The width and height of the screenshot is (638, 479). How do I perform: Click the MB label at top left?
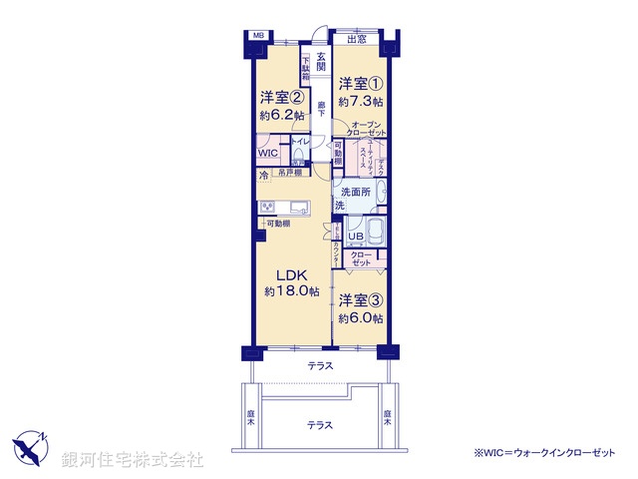tap(258, 38)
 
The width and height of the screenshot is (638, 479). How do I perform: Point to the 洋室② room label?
tap(282, 98)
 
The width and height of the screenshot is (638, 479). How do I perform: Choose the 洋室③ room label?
tap(360, 299)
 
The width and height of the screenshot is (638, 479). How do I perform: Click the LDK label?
tap(289, 274)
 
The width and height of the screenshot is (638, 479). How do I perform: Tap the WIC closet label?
tap(268, 154)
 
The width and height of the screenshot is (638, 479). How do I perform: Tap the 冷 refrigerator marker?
tap(263, 177)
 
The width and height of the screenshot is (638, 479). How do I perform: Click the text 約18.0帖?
tap(291, 291)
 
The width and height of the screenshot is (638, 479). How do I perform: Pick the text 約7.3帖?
tap(359, 102)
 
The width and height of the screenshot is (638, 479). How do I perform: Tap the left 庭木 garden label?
tap(252, 417)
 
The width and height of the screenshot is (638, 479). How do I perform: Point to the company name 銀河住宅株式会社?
tap(133, 460)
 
